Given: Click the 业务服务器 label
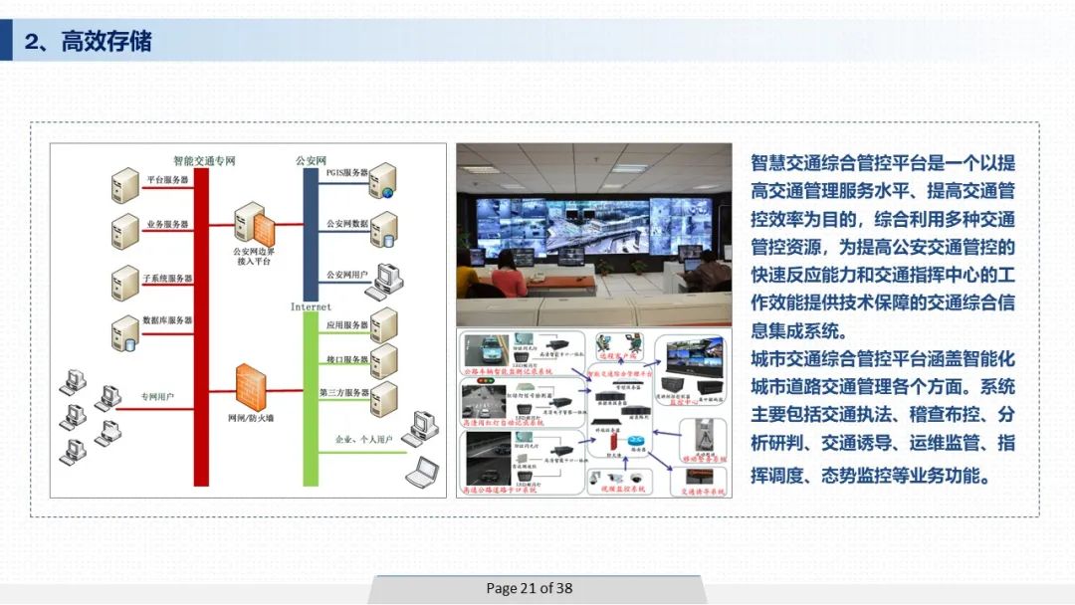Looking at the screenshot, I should (167, 225).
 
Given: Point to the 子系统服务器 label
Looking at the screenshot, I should (167, 278).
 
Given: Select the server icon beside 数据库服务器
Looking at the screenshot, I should (125, 332).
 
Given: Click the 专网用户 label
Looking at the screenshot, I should (157, 396).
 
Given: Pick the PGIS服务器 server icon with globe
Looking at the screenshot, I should (382, 182).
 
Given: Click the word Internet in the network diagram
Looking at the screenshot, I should (311, 306).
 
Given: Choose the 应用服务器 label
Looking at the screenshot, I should (346, 325).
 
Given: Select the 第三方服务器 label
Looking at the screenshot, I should (344, 393).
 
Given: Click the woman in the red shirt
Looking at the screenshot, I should (509, 270).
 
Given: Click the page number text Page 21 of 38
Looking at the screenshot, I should (529, 588).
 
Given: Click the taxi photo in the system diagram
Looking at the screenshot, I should (485, 350).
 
